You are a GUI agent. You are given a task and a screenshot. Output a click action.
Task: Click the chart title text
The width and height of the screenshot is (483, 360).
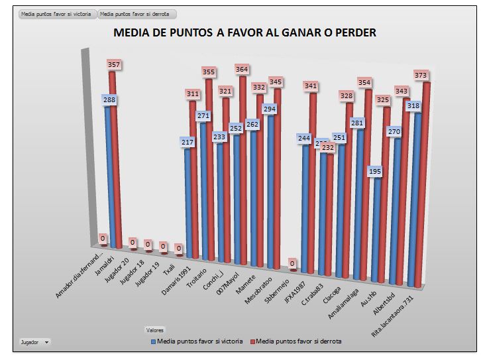tap(244, 32)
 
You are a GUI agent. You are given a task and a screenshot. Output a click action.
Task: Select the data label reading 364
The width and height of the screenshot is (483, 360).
tap(241, 69)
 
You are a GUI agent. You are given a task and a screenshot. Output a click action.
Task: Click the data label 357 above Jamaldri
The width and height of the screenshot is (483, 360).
tap(114, 65)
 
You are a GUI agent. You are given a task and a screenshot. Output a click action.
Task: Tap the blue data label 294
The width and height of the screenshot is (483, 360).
tap(270, 109)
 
